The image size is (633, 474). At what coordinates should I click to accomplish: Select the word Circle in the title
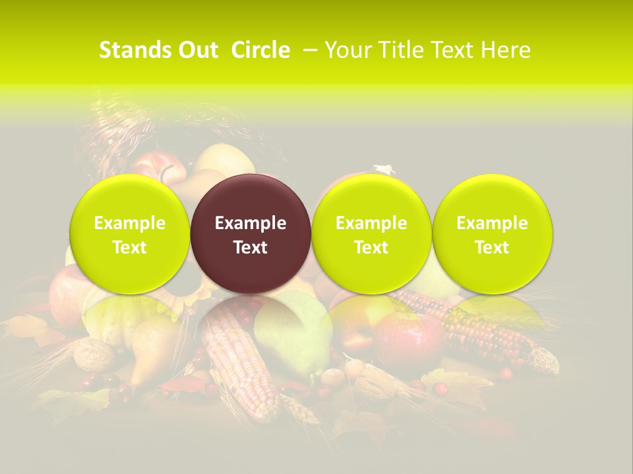pyautogui.click(x=260, y=50)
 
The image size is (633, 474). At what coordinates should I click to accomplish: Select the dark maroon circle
pyautogui.click(x=251, y=234)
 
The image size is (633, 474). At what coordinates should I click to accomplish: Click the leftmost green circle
pyautogui.click(x=130, y=234)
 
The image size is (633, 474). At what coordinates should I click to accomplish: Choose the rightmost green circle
pyautogui.click(x=493, y=234)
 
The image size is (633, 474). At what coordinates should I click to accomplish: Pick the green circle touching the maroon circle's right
pyautogui.click(x=371, y=234)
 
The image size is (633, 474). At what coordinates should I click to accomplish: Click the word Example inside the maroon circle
pyautogui.click(x=251, y=223)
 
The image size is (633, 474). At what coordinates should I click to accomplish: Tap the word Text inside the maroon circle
pyautogui.click(x=251, y=247)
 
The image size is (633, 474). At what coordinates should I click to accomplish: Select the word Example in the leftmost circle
pyautogui.click(x=130, y=223)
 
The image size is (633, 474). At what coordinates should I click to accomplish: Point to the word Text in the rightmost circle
pyautogui.click(x=493, y=247)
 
